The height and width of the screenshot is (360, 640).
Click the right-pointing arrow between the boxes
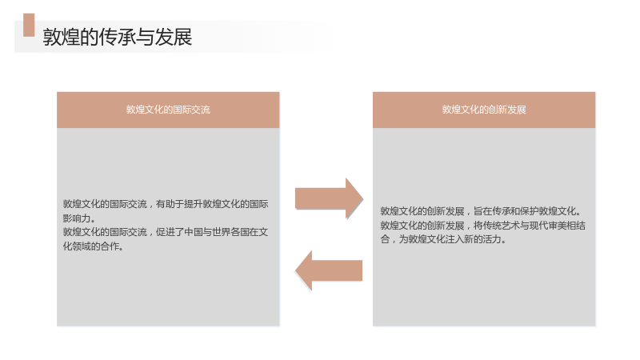(329, 198)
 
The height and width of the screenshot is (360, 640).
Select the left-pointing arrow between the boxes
(329, 270)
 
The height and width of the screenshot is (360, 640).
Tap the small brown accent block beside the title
(29, 25)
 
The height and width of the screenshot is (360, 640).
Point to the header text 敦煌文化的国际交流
(168, 110)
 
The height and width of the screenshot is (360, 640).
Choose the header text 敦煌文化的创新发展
(484, 110)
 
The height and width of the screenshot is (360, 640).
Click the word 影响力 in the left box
(77, 218)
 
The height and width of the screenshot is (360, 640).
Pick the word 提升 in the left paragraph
(193, 204)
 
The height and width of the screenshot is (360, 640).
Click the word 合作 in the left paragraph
(110, 246)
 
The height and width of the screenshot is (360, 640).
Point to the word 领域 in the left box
(82, 246)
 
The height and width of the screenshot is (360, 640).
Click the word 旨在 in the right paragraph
(483, 211)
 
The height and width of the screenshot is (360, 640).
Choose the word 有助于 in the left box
(170, 204)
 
